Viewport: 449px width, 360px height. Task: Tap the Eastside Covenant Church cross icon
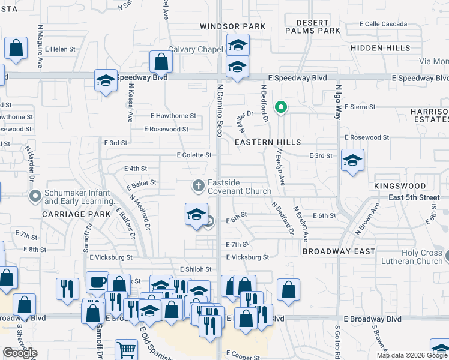[x=197, y=186]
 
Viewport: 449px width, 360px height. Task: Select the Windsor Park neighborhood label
[x=232, y=26]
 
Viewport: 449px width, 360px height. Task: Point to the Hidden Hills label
[x=381, y=48]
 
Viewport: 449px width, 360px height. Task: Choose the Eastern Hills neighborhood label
[x=268, y=142]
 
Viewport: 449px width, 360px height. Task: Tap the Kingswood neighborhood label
[x=400, y=187]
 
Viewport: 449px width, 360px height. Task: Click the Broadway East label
[x=339, y=252]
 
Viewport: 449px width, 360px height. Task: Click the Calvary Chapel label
[x=196, y=50]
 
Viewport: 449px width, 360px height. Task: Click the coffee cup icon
[x=97, y=282]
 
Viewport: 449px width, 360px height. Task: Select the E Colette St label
[x=193, y=155]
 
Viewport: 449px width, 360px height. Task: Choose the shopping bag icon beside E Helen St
[x=16, y=49]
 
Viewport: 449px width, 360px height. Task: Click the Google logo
[x=20, y=353]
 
